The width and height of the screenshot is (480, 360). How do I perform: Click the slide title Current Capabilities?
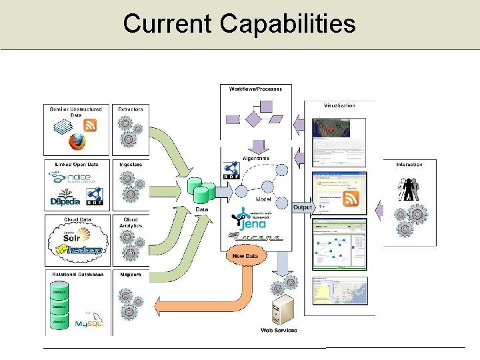(239, 24)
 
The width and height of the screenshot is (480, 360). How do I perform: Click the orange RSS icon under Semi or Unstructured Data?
(90, 125)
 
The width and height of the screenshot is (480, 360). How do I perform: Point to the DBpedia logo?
(65, 199)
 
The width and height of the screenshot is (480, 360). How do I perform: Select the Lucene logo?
(256, 236)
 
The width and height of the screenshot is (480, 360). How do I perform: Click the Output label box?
(302, 207)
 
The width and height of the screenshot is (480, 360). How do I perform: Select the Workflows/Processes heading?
(255, 89)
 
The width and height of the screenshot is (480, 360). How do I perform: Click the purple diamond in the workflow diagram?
(253, 119)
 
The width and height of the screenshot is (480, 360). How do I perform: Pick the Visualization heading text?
(339, 105)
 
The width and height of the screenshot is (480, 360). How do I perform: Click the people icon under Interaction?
(408, 191)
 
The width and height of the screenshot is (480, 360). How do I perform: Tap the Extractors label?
(130, 109)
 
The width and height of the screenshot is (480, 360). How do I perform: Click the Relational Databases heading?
(77, 274)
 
